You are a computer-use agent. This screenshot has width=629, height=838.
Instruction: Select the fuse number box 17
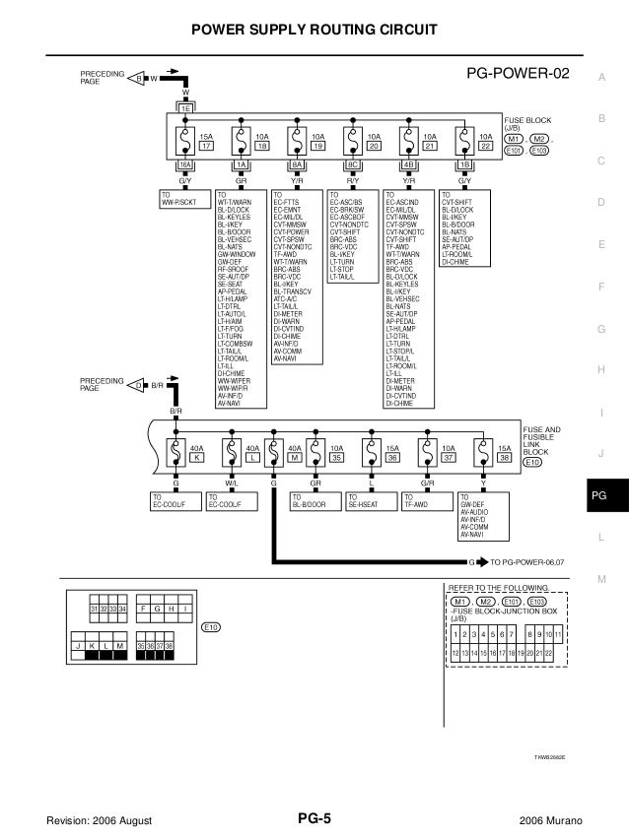(206, 146)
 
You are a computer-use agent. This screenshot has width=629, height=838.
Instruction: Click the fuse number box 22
(485, 146)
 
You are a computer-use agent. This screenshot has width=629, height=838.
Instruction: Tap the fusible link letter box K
(197, 458)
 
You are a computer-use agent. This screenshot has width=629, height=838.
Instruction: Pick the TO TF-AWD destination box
(428, 503)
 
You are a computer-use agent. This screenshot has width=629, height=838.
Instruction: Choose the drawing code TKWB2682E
(549, 758)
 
